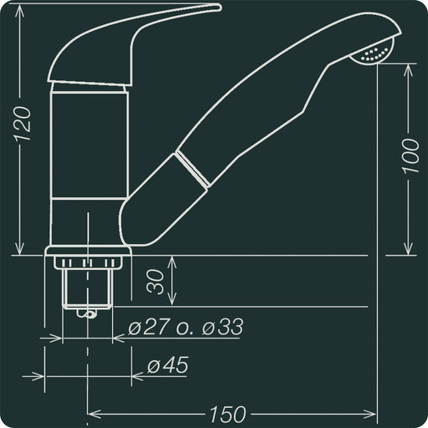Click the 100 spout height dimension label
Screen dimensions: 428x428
pyautogui.click(x=410, y=155)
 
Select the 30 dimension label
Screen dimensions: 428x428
pyautogui.click(x=155, y=282)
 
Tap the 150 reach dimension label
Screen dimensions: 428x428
pyautogui.click(x=227, y=413)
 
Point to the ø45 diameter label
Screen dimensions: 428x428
pyautogui.click(x=167, y=365)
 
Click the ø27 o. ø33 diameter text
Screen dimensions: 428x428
pyautogui.click(x=186, y=327)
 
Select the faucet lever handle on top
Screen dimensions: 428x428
pyautogui.click(x=134, y=42)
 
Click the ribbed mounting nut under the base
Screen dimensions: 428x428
pyautogui.click(x=88, y=262)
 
